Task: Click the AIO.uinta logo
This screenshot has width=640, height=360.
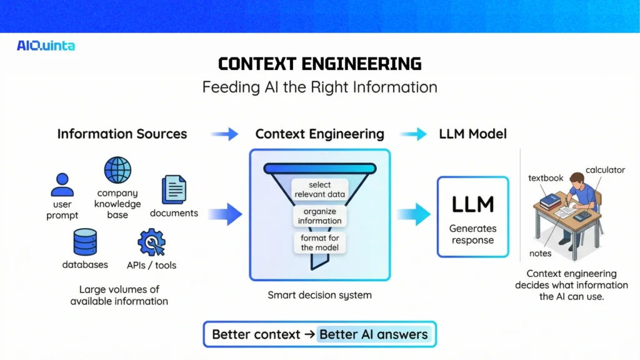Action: pos(46,46)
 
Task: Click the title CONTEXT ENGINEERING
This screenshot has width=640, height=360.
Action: pos(319,64)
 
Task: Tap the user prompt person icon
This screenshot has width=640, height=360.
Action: pos(62,184)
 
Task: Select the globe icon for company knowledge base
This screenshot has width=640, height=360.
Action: pos(117,170)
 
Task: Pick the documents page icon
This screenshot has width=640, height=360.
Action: pos(174,189)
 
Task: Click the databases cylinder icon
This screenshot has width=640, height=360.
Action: pos(85,242)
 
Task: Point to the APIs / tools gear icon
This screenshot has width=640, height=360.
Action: pos(151,242)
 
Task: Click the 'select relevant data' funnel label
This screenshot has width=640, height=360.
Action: pos(320,189)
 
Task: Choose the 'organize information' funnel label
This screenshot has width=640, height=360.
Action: pos(320,216)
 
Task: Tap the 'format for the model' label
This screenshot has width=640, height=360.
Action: pos(320,242)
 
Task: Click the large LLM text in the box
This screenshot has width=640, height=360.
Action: pos(472,204)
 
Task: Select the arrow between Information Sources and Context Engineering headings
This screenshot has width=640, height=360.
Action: pos(224,134)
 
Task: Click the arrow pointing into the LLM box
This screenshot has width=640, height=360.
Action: pos(414,214)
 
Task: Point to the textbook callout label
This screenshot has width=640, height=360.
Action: pos(546,178)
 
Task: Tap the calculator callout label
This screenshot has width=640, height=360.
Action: pos(605,170)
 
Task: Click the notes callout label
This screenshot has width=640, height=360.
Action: pos(541,253)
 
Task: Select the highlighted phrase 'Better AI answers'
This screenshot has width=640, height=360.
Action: pos(374,334)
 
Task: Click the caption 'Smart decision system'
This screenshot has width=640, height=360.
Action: pos(319,295)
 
